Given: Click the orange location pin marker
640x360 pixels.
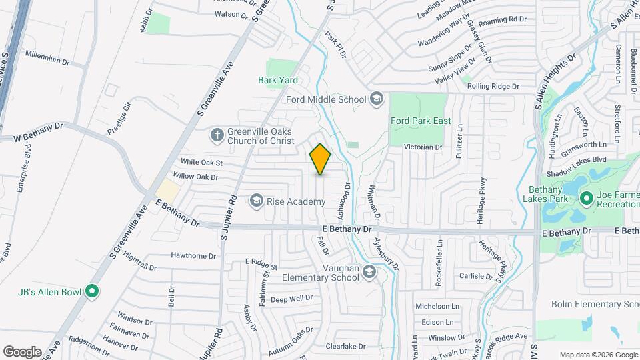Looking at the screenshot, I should click(321, 159).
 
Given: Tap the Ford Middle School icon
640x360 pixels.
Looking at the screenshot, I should click(377, 99).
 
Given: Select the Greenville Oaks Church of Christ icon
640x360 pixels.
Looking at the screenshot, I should click(217, 135).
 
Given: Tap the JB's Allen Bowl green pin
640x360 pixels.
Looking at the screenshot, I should click(93, 291).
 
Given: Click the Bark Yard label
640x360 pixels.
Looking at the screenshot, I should click(277, 80).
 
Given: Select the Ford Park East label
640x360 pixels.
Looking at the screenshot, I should click(421, 121).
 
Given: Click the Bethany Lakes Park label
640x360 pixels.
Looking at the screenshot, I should click(549, 194).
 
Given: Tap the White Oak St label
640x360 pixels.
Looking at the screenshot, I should click(201, 162).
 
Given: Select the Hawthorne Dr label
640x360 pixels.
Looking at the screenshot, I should click(193, 255).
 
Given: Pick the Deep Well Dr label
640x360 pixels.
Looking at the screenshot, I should click(291, 299).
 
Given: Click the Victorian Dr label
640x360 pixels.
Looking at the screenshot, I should click(425, 147).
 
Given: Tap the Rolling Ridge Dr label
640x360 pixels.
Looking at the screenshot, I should click(493, 86).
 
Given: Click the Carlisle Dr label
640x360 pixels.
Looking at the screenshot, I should click(475, 275).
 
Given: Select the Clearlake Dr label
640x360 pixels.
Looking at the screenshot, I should click(346, 347).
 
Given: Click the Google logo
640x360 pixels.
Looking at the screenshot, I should click(22, 352).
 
